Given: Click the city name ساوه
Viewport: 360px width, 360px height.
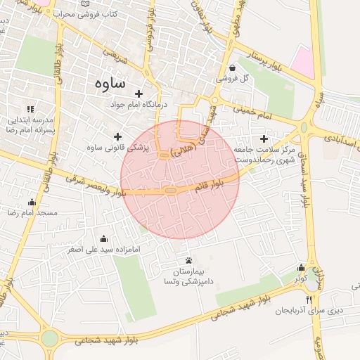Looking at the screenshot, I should tap(109, 82).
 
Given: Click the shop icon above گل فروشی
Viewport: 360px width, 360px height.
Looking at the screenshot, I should tap(233, 68).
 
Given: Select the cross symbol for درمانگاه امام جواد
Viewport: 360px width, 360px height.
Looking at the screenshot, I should tap(139, 94).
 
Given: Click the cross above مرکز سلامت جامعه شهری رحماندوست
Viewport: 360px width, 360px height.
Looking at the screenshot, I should tap(264, 139).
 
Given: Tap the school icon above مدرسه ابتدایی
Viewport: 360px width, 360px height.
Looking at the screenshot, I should tap(30, 109).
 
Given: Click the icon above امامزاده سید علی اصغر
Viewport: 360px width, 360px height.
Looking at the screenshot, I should tap(104, 238).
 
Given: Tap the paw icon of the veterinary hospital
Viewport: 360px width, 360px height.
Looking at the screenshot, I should tap(187, 261).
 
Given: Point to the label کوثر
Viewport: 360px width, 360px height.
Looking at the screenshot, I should tap(302, 278).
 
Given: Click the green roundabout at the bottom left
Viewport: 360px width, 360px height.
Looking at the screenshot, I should tap(50, 338).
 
